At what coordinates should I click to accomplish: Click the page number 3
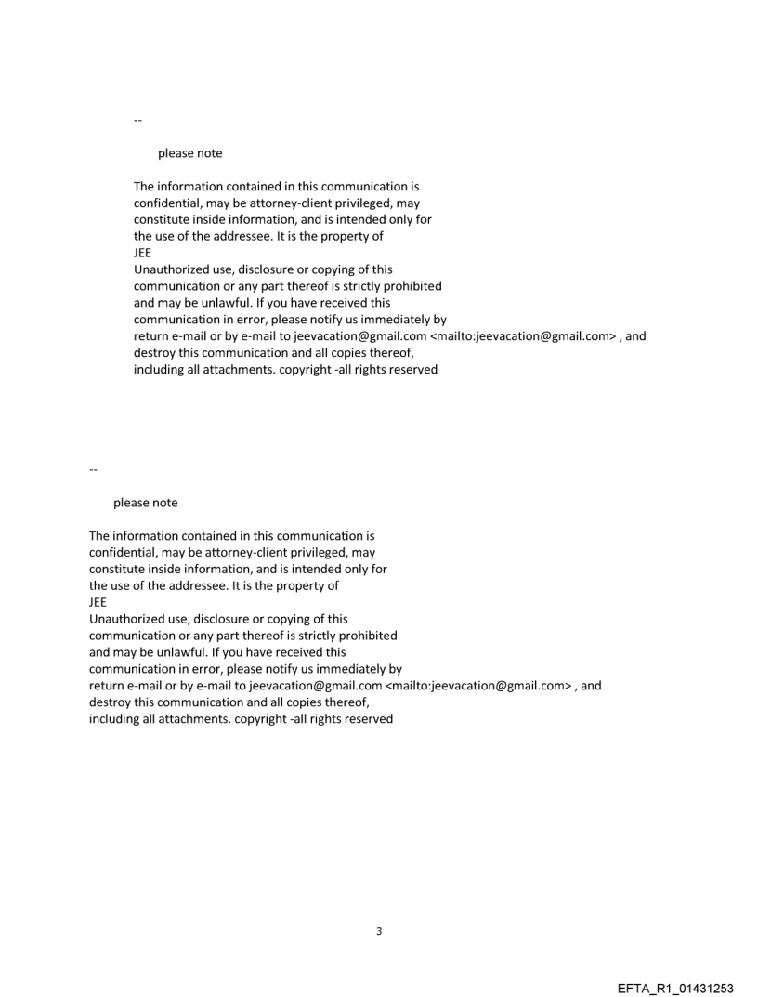(378, 931)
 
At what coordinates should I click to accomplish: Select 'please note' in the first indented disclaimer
(189, 153)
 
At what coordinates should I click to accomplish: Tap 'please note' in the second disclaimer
(145, 503)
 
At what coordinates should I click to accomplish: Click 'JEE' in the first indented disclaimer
(143, 254)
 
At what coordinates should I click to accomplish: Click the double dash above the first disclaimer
(138, 120)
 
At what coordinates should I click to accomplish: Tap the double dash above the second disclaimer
(94, 469)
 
